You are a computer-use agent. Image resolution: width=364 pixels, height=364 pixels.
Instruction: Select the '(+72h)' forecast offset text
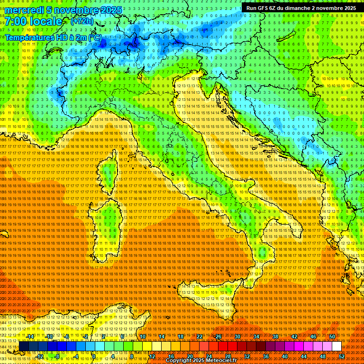click(82, 21)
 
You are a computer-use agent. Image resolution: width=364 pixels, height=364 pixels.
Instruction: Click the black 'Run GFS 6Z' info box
click(301, 8)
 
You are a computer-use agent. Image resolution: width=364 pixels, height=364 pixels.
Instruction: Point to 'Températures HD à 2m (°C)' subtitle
click(53, 37)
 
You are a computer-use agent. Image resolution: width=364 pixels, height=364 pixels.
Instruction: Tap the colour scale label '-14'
click(30, 337)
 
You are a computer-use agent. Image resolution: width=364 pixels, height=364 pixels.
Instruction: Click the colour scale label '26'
click(218, 337)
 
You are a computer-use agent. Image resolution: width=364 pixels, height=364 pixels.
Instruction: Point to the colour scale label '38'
click(275, 337)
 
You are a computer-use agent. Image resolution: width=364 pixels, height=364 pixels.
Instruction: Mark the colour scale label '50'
click(332, 337)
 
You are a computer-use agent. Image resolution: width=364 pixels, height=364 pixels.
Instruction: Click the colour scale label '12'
click(152, 356)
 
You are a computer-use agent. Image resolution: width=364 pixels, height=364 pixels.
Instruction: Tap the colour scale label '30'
click(237, 337)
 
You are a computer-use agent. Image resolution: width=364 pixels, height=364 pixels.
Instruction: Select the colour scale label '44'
click(304, 356)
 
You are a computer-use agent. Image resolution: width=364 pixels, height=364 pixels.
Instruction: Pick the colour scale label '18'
click(181, 337)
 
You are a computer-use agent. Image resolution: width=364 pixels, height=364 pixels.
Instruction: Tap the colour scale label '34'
click(256, 337)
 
